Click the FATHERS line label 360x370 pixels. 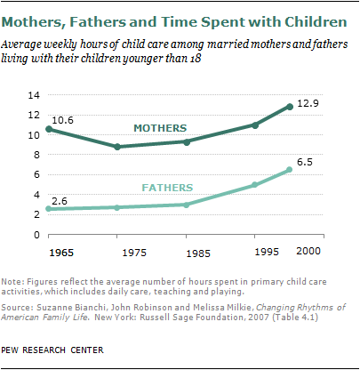click(x=171, y=188)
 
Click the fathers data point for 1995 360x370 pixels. click(x=255, y=185)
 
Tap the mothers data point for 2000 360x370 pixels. click(x=289, y=106)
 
